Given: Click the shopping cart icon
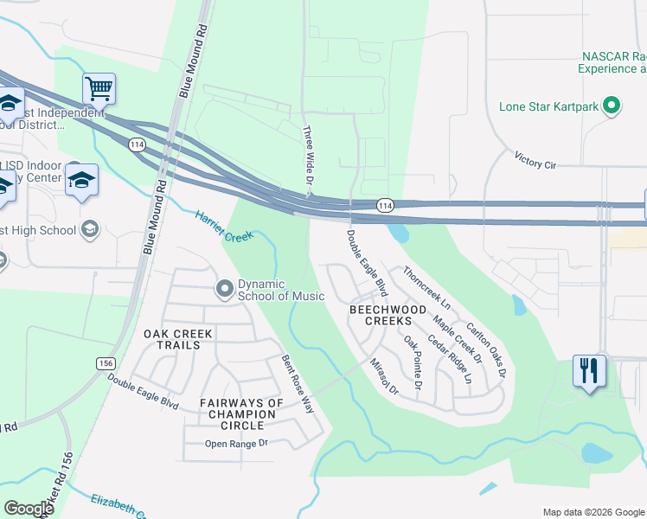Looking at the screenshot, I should tap(99, 87).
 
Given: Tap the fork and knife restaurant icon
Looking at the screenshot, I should tap(589, 371).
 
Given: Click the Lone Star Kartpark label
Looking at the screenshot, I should tap(549, 108).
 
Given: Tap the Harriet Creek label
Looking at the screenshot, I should tap(223, 227).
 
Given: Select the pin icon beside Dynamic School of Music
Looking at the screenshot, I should tap(225, 288).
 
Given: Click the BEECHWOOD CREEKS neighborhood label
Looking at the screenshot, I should tap(388, 315).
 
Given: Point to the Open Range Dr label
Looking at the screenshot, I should tap(237, 445).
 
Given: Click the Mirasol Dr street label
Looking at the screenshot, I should tap(382, 378).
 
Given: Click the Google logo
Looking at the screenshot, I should tap(29, 509).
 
